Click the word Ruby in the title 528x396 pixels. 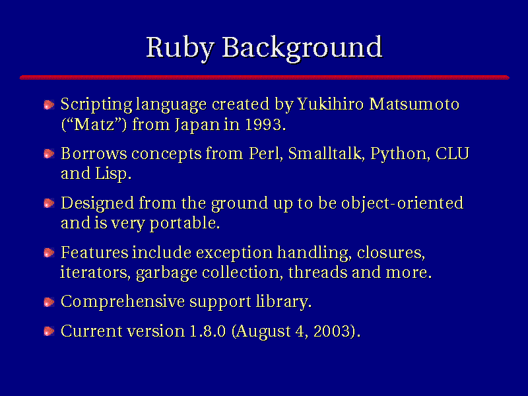coord(180,48)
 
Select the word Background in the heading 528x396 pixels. coord(302,48)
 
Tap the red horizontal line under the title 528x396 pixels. coord(265,77)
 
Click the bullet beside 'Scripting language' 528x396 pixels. coord(49,105)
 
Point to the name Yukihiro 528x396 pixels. coord(330,104)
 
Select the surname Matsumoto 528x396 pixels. coord(414,104)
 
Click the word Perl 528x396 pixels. coord(265,154)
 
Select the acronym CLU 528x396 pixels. coord(452,154)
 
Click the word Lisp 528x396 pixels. coord(113,174)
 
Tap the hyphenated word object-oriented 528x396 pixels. coord(402,204)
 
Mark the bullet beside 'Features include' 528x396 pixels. coord(49,253)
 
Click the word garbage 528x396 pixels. coord(166,273)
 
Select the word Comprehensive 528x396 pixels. coord(123,302)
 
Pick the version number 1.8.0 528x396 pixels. coord(207,331)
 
